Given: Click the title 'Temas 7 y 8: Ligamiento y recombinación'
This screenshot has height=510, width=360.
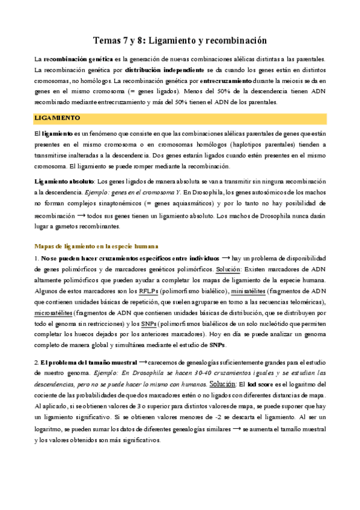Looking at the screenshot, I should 180,40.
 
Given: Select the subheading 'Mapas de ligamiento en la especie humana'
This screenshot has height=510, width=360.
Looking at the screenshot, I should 96,246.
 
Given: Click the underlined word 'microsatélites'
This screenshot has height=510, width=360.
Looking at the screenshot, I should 53,313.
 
